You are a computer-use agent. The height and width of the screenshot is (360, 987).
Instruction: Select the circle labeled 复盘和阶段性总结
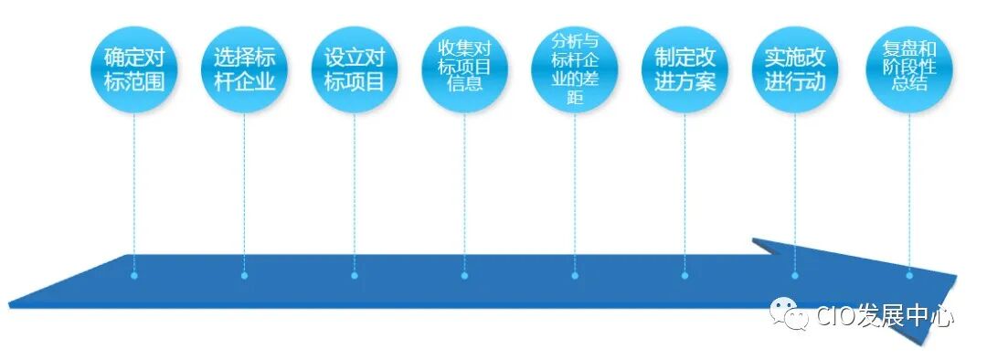[x=909, y=66]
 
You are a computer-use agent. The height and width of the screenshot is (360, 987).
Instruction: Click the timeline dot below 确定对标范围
[x=134, y=275]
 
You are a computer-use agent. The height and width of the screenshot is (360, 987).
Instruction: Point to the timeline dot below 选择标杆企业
[x=244, y=275]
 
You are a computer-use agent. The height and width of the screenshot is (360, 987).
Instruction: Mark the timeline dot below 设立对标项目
[x=355, y=275]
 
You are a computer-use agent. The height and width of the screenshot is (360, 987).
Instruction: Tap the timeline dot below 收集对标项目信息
[x=464, y=275]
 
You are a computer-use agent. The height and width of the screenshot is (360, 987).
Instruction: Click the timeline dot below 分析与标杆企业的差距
[x=575, y=275]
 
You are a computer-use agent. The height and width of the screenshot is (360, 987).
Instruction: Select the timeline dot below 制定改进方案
[x=685, y=275]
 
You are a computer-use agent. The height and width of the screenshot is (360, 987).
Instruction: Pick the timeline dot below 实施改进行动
[x=795, y=275]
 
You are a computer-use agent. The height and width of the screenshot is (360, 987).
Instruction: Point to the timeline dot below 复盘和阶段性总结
[x=909, y=275]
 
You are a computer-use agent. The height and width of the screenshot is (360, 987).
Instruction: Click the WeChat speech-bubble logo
[x=788, y=313]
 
